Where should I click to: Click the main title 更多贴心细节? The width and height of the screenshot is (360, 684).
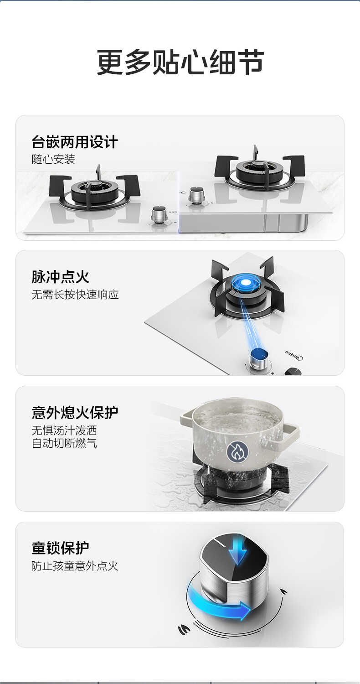180,62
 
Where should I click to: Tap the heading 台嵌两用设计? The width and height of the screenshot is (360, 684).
75,142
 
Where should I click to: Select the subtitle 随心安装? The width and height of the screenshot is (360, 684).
53,159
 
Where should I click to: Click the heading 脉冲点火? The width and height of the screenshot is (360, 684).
60,277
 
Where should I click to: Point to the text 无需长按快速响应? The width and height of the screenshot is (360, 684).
75,295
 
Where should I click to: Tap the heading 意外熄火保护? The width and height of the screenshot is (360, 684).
75,412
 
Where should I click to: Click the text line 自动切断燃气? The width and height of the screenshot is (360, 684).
64,443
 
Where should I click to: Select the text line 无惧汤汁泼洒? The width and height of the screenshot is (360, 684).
64,430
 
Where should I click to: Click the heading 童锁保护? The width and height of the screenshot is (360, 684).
60,548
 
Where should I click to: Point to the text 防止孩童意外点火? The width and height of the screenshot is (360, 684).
75,566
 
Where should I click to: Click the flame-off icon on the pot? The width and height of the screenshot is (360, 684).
238,451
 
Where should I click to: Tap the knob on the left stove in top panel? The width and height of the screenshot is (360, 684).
159,214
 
